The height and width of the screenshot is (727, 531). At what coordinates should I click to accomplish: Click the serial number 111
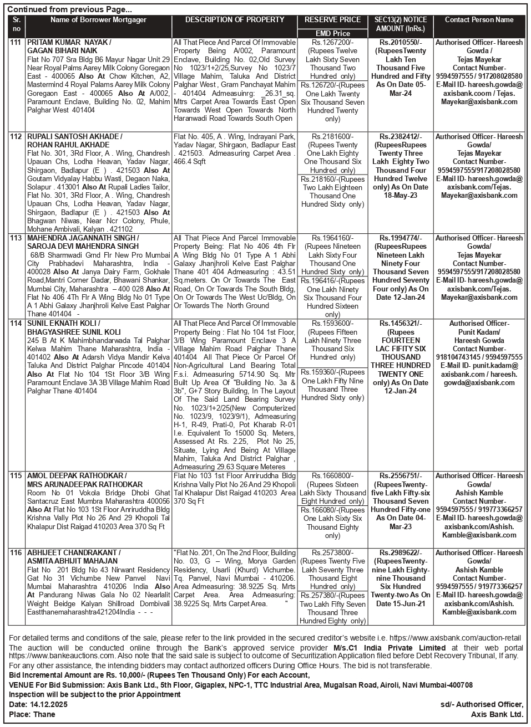point(16,43)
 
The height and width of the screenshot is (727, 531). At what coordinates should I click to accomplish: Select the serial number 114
point(16,324)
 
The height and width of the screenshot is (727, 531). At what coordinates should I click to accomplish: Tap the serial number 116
point(16,553)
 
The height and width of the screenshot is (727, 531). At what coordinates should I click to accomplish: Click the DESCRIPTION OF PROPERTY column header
point(234,20)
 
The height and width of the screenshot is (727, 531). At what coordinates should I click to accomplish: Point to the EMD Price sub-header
point(332,33)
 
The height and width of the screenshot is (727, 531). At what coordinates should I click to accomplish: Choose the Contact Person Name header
point(479,20)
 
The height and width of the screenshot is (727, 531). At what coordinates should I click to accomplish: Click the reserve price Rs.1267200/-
point(332,43)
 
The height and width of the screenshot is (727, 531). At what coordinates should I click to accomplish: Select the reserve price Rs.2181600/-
point(332,136)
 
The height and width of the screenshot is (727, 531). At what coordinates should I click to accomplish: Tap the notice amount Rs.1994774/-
point(401,238)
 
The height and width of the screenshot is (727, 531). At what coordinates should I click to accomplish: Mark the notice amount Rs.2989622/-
point(401,553)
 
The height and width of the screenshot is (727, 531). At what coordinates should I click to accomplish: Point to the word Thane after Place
point(44,714)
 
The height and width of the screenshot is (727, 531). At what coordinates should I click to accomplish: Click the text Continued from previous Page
point(69,9)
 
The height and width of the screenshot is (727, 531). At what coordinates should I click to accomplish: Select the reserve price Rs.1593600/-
point(332,324)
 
